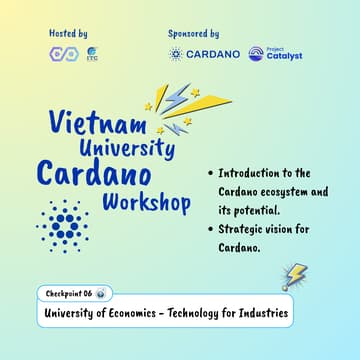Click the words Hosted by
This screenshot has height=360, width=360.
tap(68, 34)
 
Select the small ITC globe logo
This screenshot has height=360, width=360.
tap(92, 54)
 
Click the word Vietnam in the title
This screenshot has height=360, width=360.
tap(85, 123)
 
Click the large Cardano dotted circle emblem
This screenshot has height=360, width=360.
tap(63, 228)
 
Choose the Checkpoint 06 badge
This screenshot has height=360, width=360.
tap(74, 293)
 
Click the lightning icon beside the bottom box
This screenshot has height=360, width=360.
tap(295, 276)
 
